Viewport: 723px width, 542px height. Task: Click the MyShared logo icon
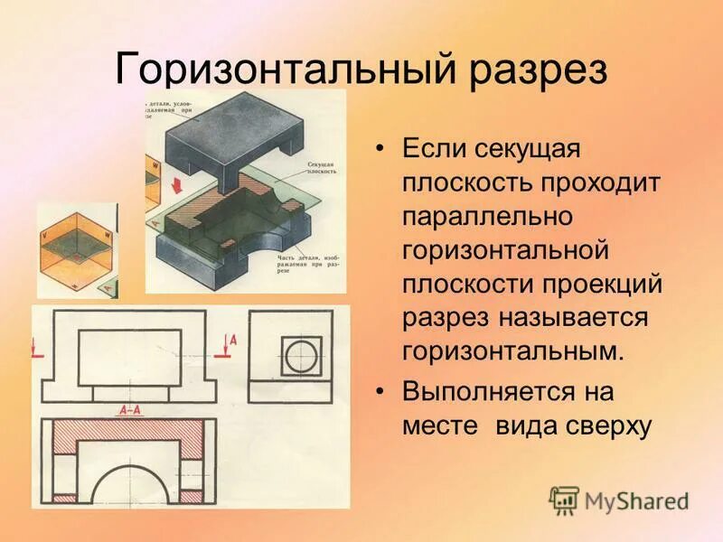pos(564,500)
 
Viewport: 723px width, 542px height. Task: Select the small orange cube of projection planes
pos(76,249)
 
